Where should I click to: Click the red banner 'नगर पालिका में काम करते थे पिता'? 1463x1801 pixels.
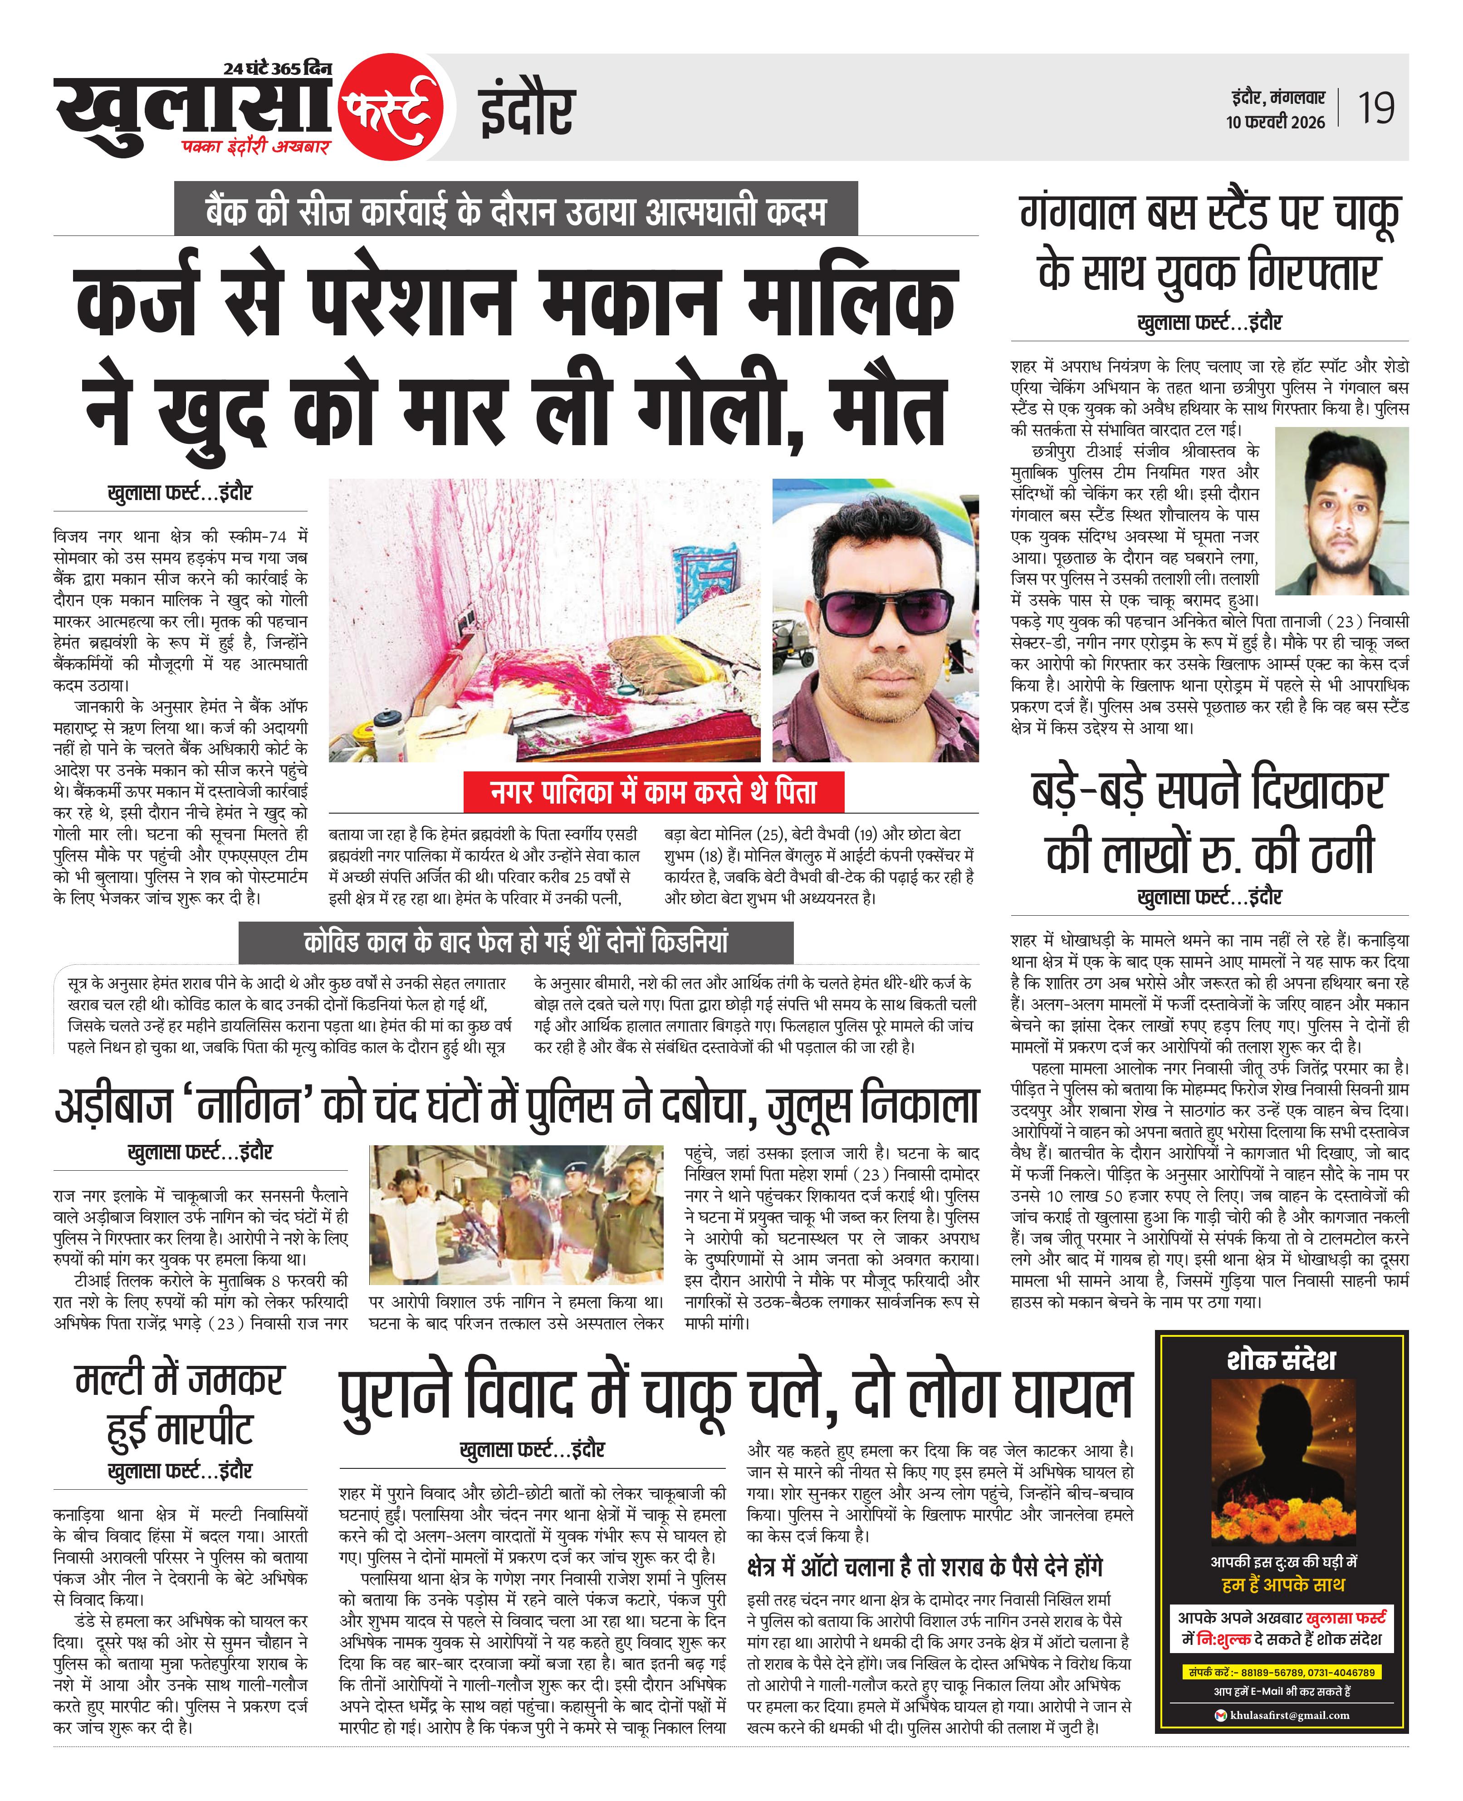(x=654, y=792)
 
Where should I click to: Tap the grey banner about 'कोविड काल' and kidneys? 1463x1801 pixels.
(x=516, y=942)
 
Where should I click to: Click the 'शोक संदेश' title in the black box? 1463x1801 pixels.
(x=1281, y=1359)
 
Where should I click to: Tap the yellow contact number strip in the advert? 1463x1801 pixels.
(x=1281, y=1671)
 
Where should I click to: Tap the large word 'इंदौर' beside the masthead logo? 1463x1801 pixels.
(x=527, y=109)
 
